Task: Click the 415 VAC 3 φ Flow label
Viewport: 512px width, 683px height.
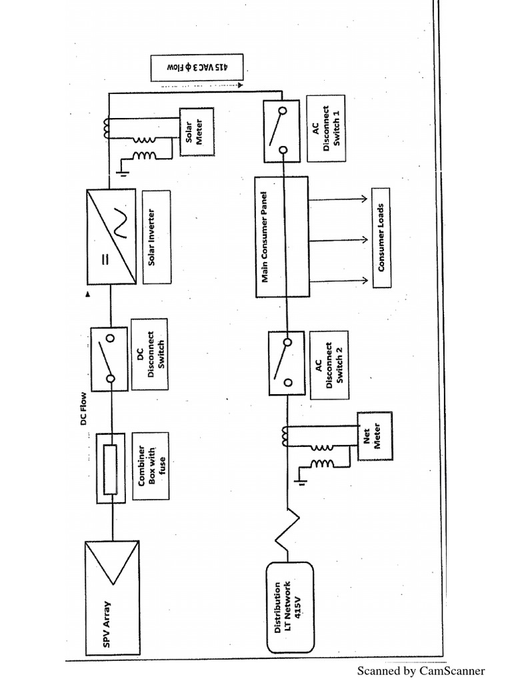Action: pyautogui.click(x=197, y=68)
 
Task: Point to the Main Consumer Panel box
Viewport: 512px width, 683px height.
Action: pyautogui.click(x=281, y=237)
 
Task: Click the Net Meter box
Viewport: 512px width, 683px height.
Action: pyautogui.click(x=375, y=436)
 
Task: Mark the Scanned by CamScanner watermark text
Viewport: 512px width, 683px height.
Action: pyautogui.click(x=421, y=670)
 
